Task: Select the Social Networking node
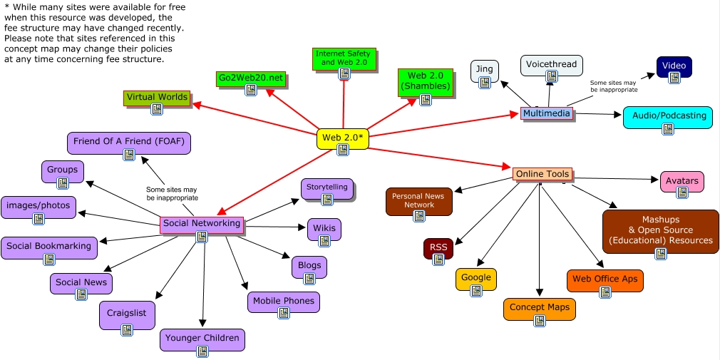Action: click(x=202, y=224)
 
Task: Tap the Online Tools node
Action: click(x=542, y=174)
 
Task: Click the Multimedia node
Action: click(x=547, y=113)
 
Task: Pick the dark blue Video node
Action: click(x=674, y=66)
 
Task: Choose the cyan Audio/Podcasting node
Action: click(x=668, y=116)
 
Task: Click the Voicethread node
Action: click(x=551, y=65)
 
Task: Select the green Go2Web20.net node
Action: click(x=250, y=78)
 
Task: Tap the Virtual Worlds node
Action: click(x=157, y=98)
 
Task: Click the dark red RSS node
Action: click(x=438, y=248)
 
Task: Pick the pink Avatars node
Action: click(x=682, y=181)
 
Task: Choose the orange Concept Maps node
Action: click(x=539, y=308)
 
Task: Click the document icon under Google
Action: click(x=476, y=290)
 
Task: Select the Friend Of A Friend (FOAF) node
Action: click(x=128, y=142)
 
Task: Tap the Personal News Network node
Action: click(x=419, y=200)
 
